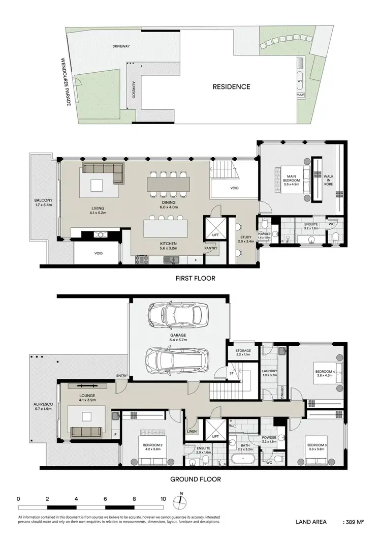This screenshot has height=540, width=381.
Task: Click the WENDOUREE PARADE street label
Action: [66, 81]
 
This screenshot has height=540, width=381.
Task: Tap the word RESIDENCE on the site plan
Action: [231, 86]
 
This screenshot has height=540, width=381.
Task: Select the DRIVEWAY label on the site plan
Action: [121, 46]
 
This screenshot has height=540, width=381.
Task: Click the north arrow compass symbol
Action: [181, 500]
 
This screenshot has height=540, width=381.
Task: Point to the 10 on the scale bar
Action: [163, 499]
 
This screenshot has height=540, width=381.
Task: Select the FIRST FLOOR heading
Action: [196, 278]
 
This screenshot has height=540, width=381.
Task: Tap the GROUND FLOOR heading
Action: [196, 479]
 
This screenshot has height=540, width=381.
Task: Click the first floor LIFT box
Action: [215, 227]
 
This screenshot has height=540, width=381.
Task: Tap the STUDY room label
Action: [246, 239]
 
